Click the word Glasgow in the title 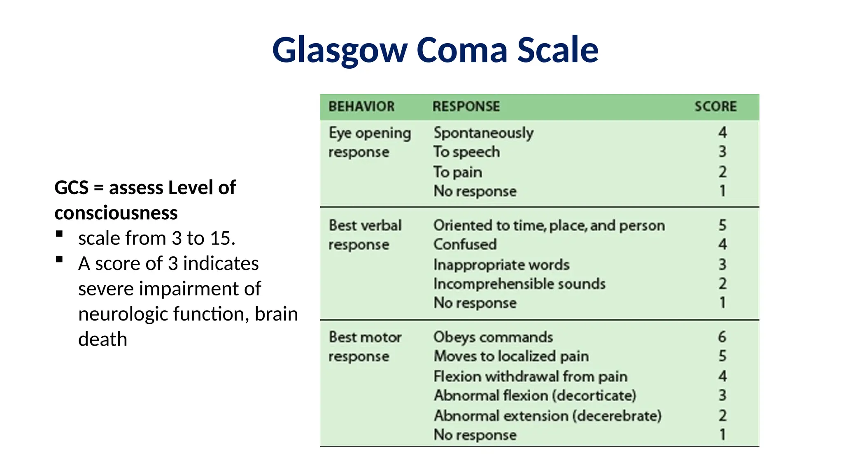[x=340, y=50]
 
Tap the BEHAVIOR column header [x=361, y=107]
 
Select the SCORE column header [x=715, y=107]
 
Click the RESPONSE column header [x=466, y=107]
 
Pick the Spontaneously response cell [x=484, y=133]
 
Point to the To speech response [x=467, y=152]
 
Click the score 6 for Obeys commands [x=722, y=337]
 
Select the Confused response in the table [x=465, y=244]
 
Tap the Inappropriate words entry [x=501, y=265]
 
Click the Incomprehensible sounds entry [x=519, y=284]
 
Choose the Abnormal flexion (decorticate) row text [x=535, y=396]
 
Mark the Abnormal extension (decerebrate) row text [x=548, y=416]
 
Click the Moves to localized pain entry [x=511, y=356]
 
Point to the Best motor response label [x=365, y=346]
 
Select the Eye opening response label [x=370, y=142]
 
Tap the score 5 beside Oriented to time [x=722, y=225]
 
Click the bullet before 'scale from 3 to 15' [x=59, y=234]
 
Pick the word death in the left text [x=102, y=339]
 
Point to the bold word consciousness [x=116, y=213]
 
